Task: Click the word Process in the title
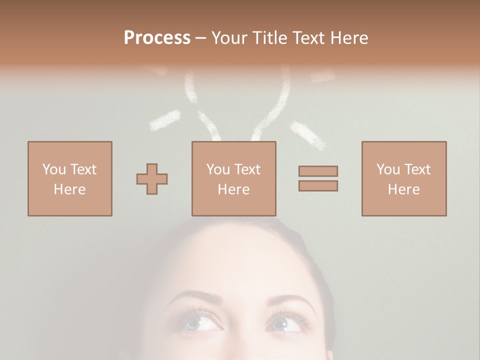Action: click(x=157, y=38)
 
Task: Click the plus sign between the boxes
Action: click(x=152, y=179)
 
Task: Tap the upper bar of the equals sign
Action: click(x=318, y=171)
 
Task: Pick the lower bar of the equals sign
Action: click(x=318, y=186)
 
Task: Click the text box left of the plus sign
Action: click(x=70, y=179)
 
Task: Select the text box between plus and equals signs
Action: click(x=234, y=179)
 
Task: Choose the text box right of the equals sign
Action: click(x=404, y=179)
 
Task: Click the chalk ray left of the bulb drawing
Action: click(x=165, y=120)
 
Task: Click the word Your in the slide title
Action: click(x=228, y=38)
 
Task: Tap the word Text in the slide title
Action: click(x=308, y=38)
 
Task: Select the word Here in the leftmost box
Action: click(x=70, y=189)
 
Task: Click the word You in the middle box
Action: click(x=218, y=169)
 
